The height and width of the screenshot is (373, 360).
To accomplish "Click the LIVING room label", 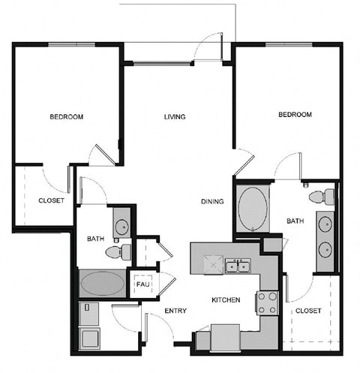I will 175,117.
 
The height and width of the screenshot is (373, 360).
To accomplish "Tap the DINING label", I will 213,201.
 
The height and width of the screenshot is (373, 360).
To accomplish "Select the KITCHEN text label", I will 225,300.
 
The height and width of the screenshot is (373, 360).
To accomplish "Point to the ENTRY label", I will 175,311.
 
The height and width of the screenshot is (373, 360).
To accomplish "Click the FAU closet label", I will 142,285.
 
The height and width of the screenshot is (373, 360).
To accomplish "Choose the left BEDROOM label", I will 66,117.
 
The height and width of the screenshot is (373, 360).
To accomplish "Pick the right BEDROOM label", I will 295,115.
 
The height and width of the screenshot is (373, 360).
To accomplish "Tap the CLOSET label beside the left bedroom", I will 51,200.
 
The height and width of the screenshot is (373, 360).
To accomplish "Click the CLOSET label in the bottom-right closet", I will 308,310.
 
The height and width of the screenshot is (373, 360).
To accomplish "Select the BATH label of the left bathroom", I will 95,239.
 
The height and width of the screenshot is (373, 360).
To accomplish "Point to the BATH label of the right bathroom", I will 294,221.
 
